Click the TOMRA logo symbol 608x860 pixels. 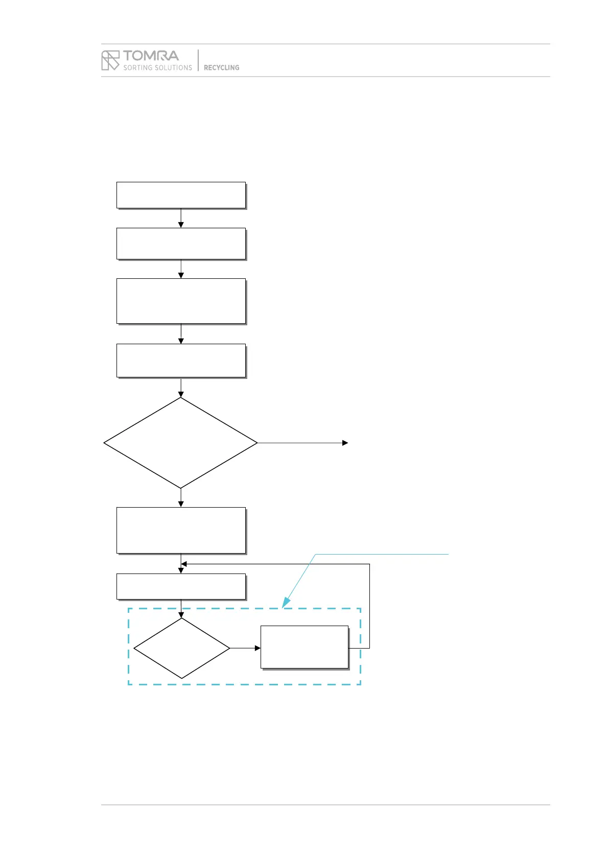(x=110, y=60)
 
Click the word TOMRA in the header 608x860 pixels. (x=151, y=56)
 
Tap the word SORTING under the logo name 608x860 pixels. (x=138, y=67)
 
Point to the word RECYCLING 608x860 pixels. (x=221, y=67)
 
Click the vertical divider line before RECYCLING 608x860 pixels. (x=198, y=60)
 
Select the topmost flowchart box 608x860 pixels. (x=181, y=195)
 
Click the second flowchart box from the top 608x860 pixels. (x=181, y=244)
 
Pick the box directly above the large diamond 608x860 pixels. (x=181, y=361)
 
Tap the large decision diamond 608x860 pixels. (x=180, y=443)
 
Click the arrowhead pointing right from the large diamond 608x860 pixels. (x=345, y=443)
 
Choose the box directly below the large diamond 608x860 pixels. (x=181, y=530)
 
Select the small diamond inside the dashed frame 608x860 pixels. (x=181, y=648)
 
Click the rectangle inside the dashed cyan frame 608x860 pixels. (x=305, y=647)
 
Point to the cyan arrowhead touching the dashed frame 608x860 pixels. (x=286, y=603)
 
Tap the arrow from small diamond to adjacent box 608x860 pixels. (x=245, y=648)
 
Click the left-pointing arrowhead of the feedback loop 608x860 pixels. (x=184, y=564)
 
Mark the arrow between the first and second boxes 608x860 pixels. (x=181, y=219)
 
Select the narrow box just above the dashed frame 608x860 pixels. (x=181, y=586)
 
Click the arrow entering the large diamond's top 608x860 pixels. (x=181, y=388)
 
